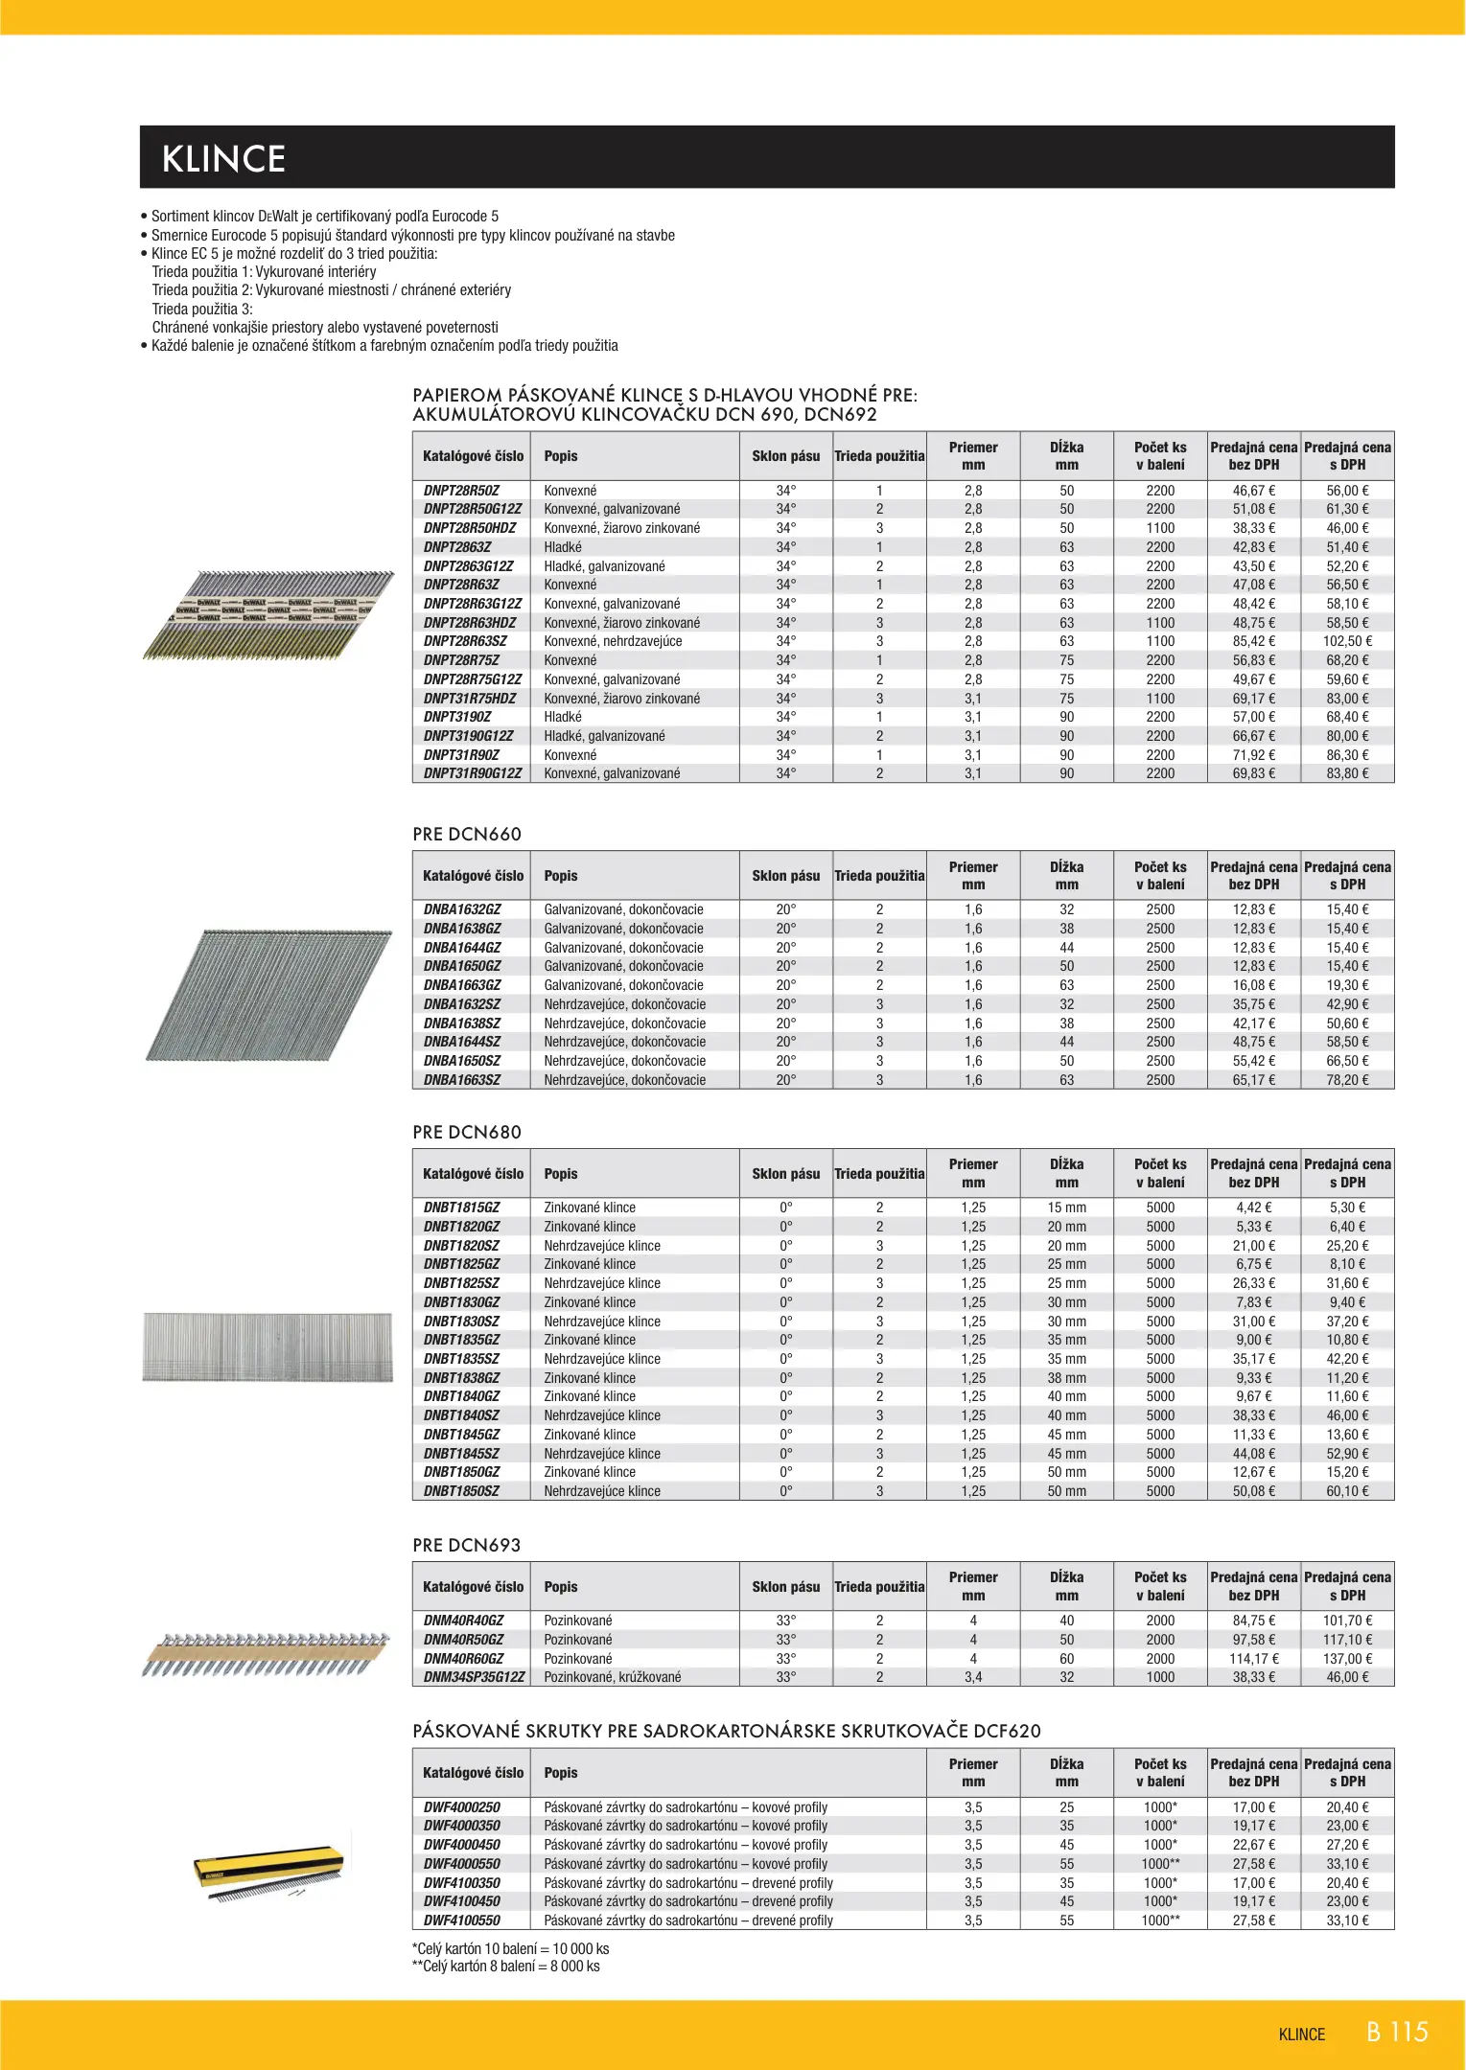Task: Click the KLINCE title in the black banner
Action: [x=223, y=159]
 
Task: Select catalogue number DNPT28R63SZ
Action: [x=465, y=641]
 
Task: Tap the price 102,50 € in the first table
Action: [x=1347, y=641]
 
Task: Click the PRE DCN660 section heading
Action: [x=467, y=835]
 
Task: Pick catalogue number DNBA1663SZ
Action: [x=462, y=1080]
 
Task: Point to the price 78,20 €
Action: [x=1347, y=1080]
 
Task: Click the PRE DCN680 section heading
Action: [x=467, y=1133]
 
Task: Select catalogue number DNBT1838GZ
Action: [x=462, y=1378]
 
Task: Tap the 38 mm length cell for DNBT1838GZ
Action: [x=1066, y=1378]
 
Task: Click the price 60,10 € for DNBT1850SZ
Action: [x=1347, y=1491]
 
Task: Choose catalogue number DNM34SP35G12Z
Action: [x=475, y=1677]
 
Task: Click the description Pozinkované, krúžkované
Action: [x=613, y=1677]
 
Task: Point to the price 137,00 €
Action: [x=1347, y=1659]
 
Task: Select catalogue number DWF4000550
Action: [x=462, y=1864]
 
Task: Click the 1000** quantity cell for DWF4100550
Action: [x=1160, y=1920]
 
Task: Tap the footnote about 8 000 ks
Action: [x=505, y=1966]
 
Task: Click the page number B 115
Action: [x=1397, y=2033]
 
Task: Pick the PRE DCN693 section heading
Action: [x=467, y=1546]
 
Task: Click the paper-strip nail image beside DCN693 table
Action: [x=267, y=1654]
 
